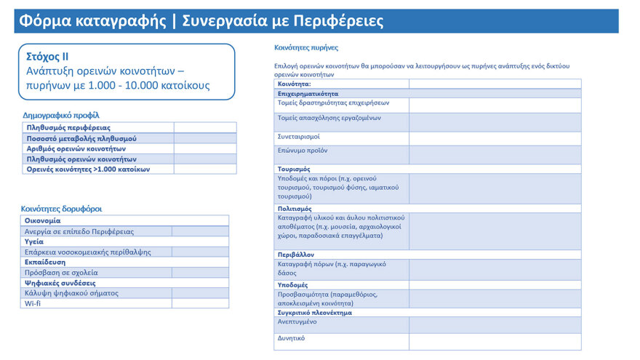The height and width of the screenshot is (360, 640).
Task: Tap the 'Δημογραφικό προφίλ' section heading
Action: click(61, 115)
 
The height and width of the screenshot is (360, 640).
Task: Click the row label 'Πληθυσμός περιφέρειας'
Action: click(68, 128)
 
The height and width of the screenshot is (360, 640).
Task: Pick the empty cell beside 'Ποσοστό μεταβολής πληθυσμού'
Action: click(205, 138)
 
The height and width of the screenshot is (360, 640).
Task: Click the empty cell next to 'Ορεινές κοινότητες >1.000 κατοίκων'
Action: click(205, 169)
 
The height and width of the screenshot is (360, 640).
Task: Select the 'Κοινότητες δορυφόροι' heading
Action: click(61, 209)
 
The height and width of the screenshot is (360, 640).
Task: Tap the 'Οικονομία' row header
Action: click(43, 220)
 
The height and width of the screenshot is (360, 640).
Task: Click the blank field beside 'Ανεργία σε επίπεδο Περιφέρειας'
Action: click(200, 231)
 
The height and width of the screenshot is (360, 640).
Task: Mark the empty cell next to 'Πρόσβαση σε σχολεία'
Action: click(200, 273)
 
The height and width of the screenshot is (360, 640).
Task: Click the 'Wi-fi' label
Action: click(33, 303)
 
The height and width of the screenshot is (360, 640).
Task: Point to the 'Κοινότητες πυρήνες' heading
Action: click(306, 47)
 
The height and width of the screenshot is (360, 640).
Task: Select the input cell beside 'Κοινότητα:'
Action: click(495, 84)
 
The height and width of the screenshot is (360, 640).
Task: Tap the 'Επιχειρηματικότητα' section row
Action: click(308, 94)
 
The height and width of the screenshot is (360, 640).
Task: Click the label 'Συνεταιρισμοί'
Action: click(299, 137)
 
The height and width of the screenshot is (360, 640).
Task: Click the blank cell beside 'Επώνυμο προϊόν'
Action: click(495, 155)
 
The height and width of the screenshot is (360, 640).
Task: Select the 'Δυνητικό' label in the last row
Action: click(292, 338)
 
